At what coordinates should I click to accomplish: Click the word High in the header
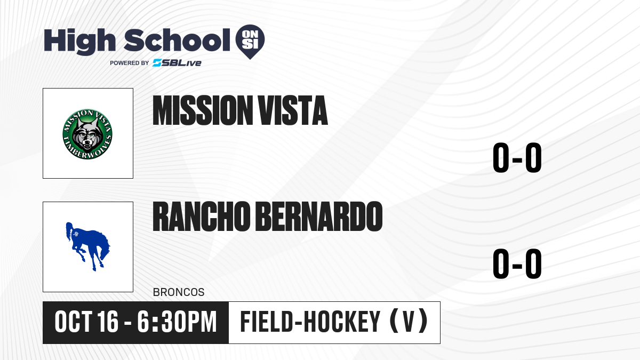click(79, 42)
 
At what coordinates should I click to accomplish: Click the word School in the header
click(177, 40)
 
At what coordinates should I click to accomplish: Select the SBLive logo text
click(177, 63)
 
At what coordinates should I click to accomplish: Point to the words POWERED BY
click(130, 63)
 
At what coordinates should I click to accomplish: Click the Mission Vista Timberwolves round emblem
click(87, 134)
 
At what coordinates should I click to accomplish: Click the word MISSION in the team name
click(201, 110)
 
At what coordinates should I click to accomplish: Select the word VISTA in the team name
click(293, 110)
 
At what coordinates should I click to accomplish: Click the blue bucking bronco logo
click(88, 246)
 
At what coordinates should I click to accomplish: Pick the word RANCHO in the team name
click(202, 217)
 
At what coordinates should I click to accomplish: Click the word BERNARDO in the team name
click(319, 217)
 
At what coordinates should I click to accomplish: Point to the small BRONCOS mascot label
click(179, 292)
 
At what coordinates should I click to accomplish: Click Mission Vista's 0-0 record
click(517, 158)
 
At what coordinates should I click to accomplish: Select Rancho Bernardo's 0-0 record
click(517, 263)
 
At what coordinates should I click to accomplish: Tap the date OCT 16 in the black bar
click(86, 322)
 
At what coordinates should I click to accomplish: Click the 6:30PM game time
click(177, 322)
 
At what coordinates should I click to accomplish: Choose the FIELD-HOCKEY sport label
click(310, 322)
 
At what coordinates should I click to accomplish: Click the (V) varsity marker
click(409, 322)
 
